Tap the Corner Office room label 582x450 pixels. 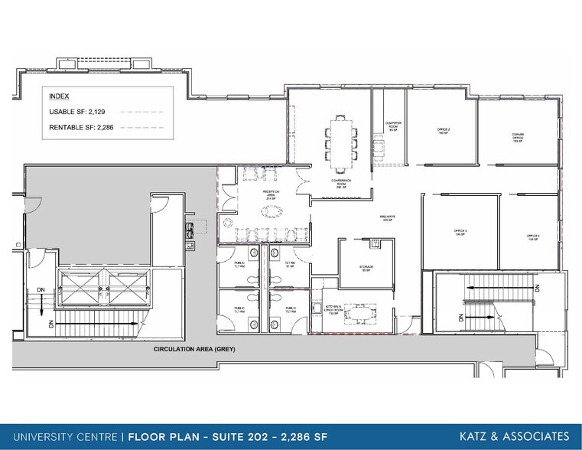(518, 137)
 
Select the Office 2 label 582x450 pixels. (443, 132)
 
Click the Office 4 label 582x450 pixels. (533, 236)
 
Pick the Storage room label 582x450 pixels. (366, 269)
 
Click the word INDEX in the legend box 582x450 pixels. (59, 97)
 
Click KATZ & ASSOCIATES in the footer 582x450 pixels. (514, 435)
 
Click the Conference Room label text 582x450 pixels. (341, 183)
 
